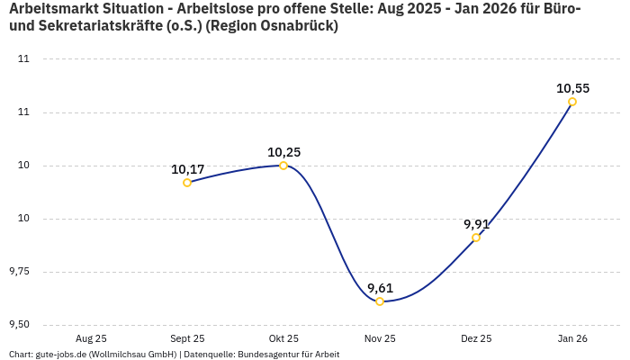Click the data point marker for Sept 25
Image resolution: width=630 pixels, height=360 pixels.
click(187, 183)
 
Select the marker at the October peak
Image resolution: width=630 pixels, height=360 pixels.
click(283, 166)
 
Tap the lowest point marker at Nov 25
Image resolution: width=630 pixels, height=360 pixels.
click(380, 301)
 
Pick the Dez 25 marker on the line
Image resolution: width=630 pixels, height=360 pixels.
click(476, 238)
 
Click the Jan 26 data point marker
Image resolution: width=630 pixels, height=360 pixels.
click(572, 102)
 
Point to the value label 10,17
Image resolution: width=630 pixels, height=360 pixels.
click(187, 169)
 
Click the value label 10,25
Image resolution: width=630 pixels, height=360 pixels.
click(283, 152)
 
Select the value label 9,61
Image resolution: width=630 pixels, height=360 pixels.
click(380, 288)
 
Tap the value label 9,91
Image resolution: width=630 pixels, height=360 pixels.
click(476, 224)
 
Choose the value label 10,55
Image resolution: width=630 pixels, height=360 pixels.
click(572, 88)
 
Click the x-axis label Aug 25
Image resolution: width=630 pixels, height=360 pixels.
click(91, 338)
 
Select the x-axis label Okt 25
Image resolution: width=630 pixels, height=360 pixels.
click(283, 338)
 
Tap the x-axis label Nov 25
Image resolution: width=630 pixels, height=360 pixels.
click(380, 338)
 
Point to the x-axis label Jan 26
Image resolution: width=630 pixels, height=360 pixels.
click(572, 338)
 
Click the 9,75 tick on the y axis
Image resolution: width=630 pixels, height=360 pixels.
click(18, 272)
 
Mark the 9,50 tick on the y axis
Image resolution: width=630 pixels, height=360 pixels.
click(18, 325)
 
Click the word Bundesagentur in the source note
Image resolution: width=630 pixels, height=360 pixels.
click(269, 355)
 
